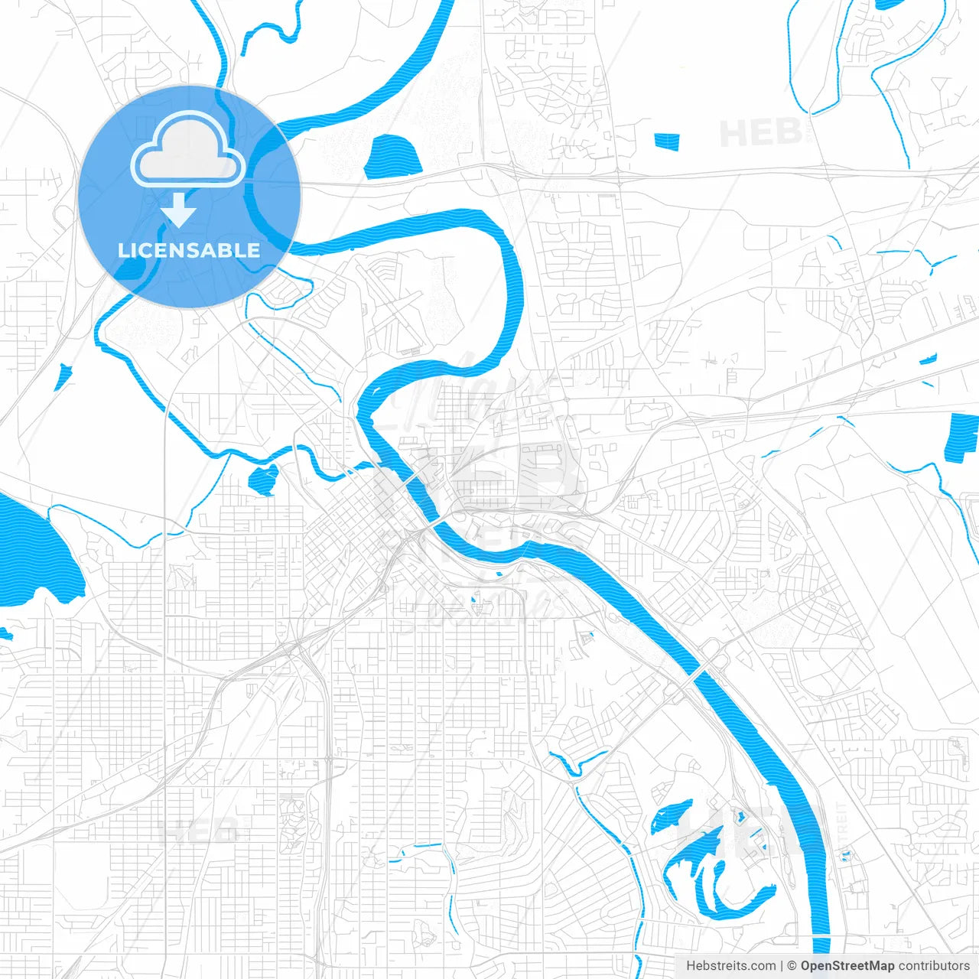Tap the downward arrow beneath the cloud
click(179, 210)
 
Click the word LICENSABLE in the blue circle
click(189, 250)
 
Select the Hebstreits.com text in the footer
click(730, 966)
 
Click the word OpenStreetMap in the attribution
click(847, 966)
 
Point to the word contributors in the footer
click(934, 966)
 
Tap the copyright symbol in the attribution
click(792, 966)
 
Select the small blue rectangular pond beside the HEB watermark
click(667, 141)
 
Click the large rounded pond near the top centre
click(393, 158)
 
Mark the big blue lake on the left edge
click(34, 555)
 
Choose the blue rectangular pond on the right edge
click(962, 437)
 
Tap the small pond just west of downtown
click(263, 480)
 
